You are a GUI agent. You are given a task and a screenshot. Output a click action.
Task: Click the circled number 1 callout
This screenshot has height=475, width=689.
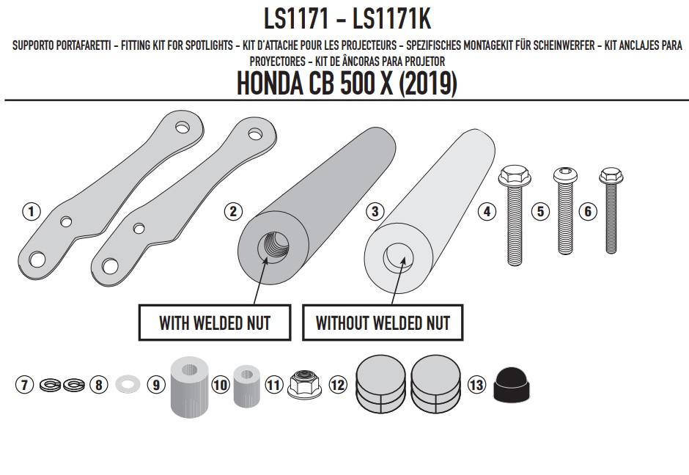[x=32, y=211]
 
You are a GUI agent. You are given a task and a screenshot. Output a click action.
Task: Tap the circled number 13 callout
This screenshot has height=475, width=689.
[x=476, y=385]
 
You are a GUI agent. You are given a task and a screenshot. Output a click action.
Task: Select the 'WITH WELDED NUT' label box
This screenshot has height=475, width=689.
[x=215, y=323]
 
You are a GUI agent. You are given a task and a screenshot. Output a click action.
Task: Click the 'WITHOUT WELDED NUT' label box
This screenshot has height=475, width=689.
[x=383, y=323]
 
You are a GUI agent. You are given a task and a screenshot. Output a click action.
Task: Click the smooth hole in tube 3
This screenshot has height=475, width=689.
[x=398, y=257]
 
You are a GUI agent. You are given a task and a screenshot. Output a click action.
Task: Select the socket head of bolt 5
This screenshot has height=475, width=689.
[x=564, y=175]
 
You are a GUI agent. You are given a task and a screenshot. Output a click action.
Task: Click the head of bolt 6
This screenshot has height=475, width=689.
[x=611, y=175]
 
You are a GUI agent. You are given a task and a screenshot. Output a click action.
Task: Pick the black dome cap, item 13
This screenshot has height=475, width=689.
[x=512, y=385]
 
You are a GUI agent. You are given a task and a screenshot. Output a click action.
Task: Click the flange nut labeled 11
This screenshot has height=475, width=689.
[x=304, y=385]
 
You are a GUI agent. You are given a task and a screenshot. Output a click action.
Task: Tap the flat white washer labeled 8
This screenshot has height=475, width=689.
[x=128, y=383]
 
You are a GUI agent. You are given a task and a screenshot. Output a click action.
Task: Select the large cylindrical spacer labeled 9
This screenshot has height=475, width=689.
[x=189, y=387]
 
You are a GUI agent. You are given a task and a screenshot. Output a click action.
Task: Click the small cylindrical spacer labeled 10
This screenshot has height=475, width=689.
[x=246, y=386]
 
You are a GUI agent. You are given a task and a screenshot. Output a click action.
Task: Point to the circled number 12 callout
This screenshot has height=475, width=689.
[x=337, y=385]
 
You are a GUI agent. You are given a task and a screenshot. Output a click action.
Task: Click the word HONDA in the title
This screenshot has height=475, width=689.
[x=270, y=84]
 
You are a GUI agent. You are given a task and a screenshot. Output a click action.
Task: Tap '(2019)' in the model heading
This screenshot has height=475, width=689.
[x=427, y=84]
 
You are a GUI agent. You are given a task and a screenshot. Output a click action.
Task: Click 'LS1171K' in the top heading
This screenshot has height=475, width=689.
[x=391, y=19]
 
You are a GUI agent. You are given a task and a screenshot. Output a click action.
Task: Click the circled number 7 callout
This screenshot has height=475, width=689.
[x=25, y=385]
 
